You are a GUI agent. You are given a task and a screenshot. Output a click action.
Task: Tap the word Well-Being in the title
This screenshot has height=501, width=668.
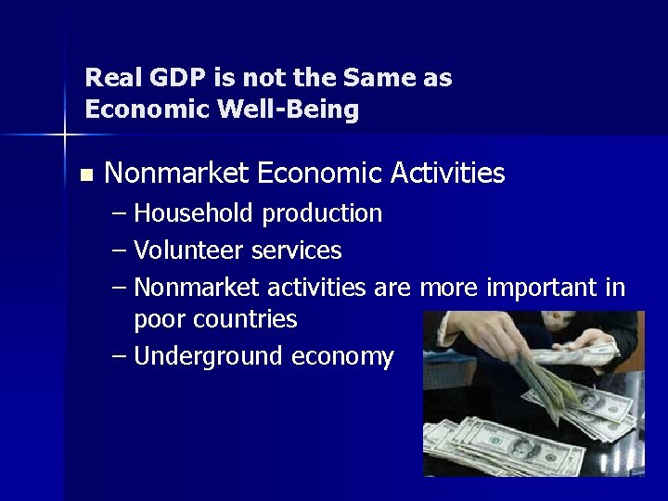click(288, 109)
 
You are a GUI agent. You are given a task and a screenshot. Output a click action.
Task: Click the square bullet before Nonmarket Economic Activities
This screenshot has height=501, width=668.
click(87, 174)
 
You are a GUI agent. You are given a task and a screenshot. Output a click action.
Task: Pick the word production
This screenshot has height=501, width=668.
click(321, 214)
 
